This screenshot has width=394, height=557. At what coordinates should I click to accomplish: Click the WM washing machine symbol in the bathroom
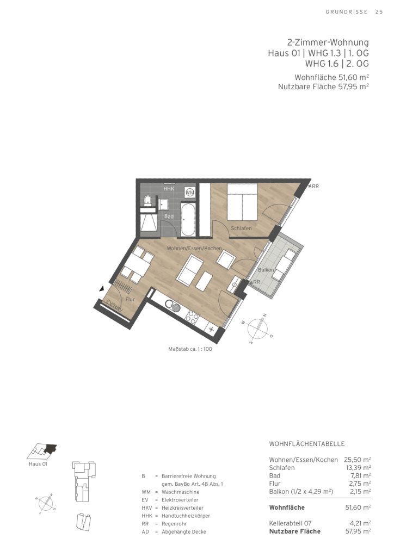click(x=190, y=192)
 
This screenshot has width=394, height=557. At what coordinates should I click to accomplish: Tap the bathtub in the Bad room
click(x=188, y=220)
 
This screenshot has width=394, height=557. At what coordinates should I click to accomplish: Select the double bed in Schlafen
click(x=242, y=202)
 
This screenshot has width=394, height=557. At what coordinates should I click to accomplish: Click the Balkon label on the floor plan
click(x=266, y=270)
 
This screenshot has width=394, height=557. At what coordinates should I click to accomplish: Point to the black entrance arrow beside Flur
click(x=102, y=289)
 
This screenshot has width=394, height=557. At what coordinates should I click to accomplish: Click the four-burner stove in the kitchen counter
click(x=193, y=317)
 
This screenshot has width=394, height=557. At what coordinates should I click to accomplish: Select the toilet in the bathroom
click(x=147, y=201)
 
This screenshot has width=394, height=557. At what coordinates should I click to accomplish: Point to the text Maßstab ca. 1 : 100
click(x=190, y=349)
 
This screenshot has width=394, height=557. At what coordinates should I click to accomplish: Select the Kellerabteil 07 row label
click(x=290, y=523)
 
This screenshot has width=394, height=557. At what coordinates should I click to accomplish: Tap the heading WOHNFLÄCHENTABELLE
click(x=306, y=444)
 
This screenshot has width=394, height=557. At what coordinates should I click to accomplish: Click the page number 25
click(x=379, y=12)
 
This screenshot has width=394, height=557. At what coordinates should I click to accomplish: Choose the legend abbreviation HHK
click(x=146, y=516)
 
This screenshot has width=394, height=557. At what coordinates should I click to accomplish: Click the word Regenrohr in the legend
click(x=174, y=524)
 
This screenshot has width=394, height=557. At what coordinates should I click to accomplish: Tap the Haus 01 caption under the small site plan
click(x=38, y=464)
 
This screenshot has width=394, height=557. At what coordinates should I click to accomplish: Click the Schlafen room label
click(x=241, y=228)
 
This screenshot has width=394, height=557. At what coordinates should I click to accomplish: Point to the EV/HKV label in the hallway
click(x=114, y=306)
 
